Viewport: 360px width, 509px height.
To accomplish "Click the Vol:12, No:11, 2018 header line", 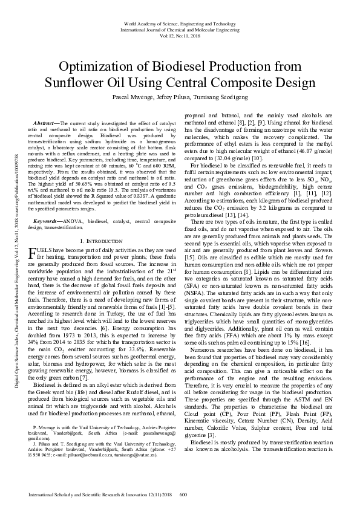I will click(x=180, y=36).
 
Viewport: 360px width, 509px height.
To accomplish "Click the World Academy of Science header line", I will click(x=180, y=23).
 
